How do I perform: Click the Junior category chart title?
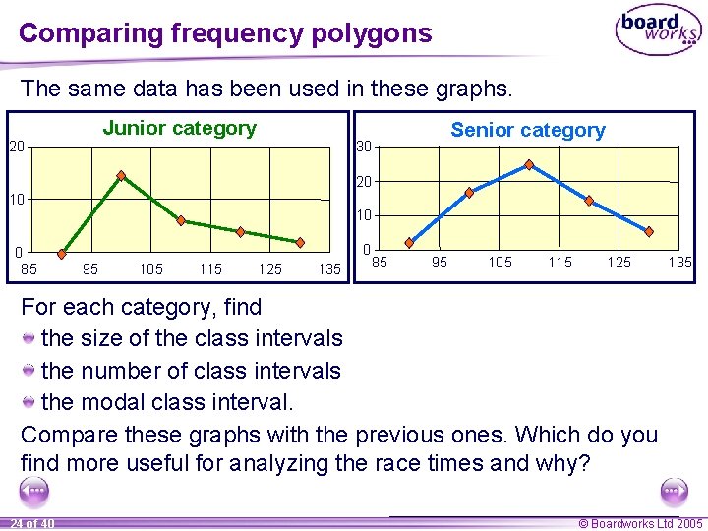click(179, 128)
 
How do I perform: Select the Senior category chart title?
click(528, 130)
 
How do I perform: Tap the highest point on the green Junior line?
click(121, 176)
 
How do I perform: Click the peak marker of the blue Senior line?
click(529, 164)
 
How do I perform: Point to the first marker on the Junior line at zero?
click(62, 252)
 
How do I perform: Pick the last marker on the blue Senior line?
click(649, 231)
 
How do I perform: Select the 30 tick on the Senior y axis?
click(364, 147)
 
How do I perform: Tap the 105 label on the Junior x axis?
click(150, 268)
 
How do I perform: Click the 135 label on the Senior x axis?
click(679, 263)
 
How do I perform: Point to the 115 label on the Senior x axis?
click(560, 263)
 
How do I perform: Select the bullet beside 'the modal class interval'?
click(30, 403)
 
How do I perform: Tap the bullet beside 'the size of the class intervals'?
click(30, 339)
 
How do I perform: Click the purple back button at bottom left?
click(34, 491)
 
